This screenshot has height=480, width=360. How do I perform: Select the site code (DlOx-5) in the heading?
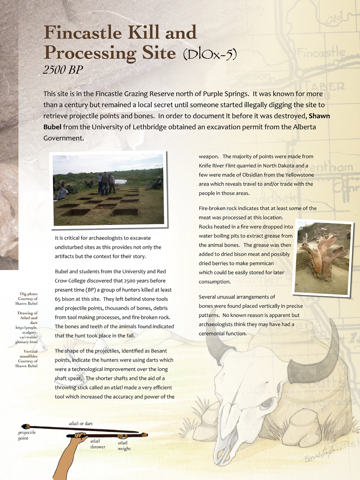[x=210, y=55]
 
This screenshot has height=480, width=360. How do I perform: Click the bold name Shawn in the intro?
[x=316, y=116]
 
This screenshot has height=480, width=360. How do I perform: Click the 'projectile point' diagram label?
[x=27, y=435]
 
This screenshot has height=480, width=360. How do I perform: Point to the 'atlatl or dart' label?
[x=81, y=423]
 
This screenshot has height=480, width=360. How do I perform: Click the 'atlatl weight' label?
[x=124, y=446]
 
